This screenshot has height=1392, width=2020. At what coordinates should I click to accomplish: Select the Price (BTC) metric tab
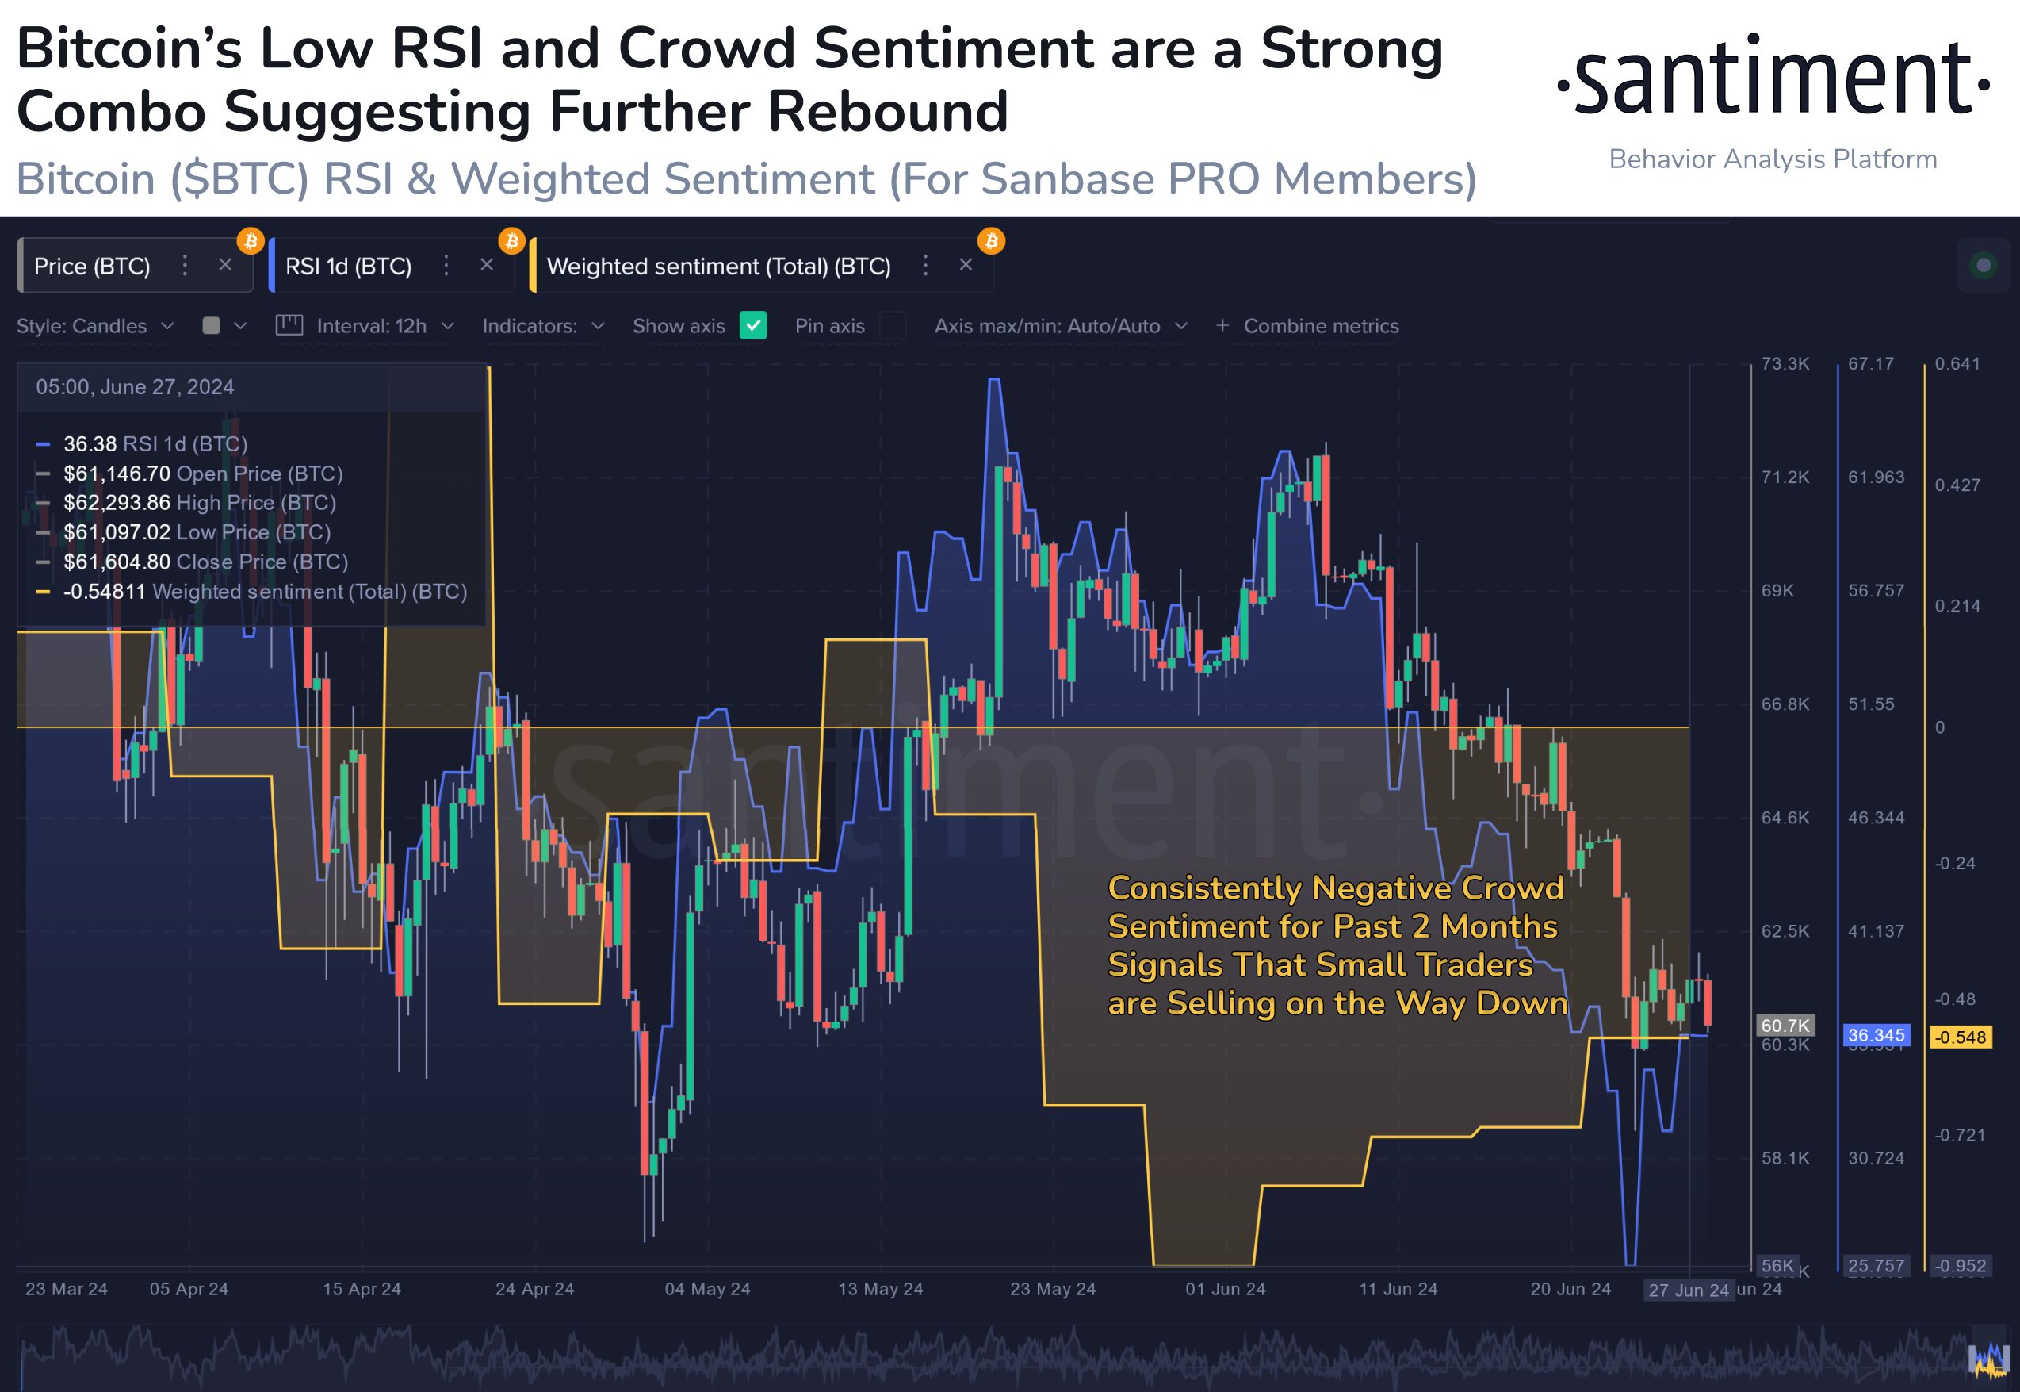[x=91, y=266]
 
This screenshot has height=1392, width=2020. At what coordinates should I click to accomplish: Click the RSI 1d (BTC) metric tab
[x=348, y=266]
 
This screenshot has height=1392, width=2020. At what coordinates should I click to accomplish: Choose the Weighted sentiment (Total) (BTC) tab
[x=717, y=266]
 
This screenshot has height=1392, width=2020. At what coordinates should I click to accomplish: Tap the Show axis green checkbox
[x=752, y=325]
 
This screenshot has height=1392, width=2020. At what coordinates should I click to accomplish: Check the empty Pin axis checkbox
[x=892, y=325]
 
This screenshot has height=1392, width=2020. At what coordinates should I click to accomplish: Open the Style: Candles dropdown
[x=95, y=325]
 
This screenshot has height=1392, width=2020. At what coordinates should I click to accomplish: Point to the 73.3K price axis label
[x=1785, y=364]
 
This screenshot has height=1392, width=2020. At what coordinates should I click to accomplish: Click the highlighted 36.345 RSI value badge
[x=1875, y=1035]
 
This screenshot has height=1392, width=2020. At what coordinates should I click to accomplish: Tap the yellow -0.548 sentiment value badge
[x=1961, y=1037]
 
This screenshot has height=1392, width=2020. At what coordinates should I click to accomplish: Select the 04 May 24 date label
[x=707, y=1288]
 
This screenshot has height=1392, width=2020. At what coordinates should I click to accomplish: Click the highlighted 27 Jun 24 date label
[x=1688, y=1290]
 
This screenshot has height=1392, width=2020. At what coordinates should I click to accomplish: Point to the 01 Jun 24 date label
[x=1225, y=1288]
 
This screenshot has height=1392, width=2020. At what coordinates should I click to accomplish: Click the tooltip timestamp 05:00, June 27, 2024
[x=134, y=387]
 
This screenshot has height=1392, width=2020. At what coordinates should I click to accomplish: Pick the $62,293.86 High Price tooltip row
[x=199, y=502]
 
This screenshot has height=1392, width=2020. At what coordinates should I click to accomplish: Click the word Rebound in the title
[x=886, y=112]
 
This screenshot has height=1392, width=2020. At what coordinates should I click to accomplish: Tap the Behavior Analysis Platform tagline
[x=1773, y=159]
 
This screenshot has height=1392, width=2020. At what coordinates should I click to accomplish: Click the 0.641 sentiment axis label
[x=1957, y=364]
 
